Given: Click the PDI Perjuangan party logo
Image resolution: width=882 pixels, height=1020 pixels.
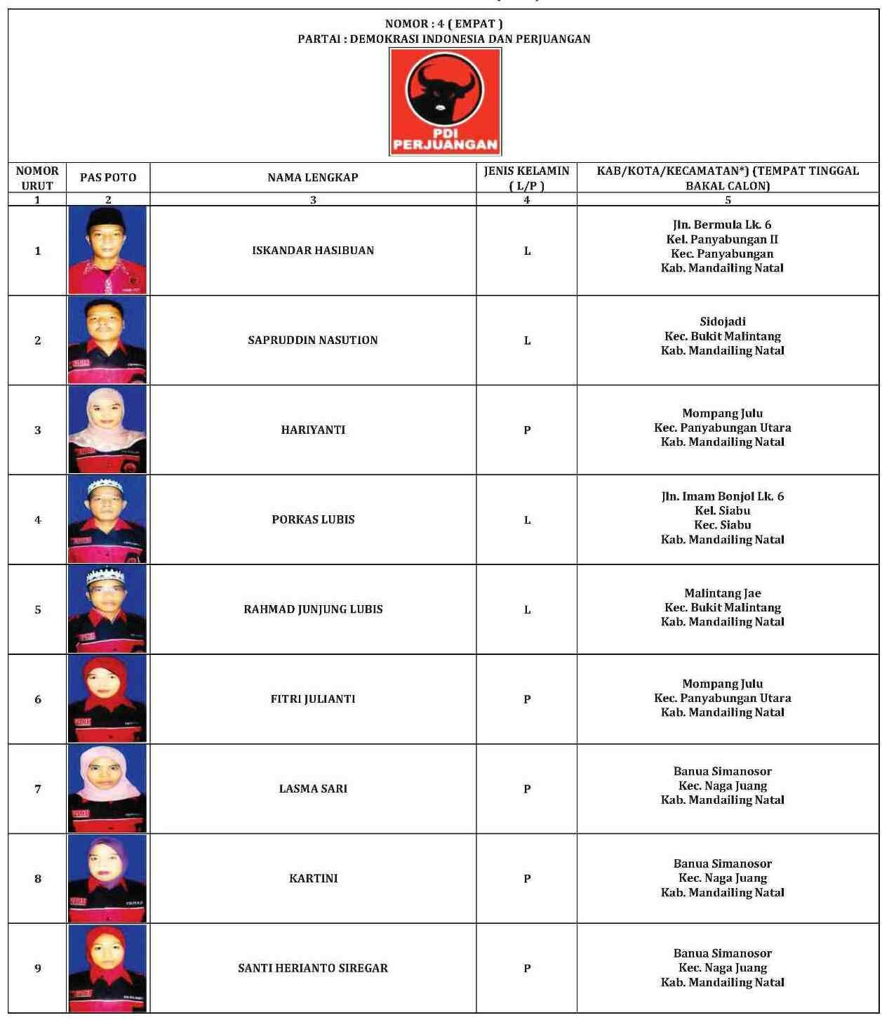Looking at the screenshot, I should (445, 102).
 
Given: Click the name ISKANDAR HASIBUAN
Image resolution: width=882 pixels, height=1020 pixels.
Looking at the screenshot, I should (313, 251).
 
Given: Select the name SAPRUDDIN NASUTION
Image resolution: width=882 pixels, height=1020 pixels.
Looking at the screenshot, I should (313, 340).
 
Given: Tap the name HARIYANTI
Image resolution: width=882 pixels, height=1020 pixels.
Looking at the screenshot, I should (313, 430).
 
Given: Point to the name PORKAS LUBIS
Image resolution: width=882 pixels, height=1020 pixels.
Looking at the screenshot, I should (313, 519).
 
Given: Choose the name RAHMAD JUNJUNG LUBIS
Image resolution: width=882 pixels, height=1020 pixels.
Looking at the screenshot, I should (313, 609).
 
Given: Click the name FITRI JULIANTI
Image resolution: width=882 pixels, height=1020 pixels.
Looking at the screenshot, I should (313, 699).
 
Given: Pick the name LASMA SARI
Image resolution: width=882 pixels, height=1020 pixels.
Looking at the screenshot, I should (313, 788).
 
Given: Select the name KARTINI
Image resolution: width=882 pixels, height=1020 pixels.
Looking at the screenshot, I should (313, 878).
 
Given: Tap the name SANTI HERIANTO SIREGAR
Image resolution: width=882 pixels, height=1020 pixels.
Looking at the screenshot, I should (313, 968).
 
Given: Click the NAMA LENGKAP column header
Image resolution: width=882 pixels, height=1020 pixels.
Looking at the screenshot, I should (313, 178).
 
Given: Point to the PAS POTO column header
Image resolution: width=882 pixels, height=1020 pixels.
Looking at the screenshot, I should (108, 178).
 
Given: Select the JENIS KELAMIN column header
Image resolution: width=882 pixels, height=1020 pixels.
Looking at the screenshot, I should (526, 178).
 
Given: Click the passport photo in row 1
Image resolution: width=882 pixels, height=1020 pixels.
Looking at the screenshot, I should (107, 251).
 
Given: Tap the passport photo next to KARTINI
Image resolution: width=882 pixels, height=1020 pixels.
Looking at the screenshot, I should (107, 878).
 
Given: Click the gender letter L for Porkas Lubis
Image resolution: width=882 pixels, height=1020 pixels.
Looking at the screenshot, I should (527, 520).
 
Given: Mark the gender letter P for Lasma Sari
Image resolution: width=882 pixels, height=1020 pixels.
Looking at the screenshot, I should (527, 789).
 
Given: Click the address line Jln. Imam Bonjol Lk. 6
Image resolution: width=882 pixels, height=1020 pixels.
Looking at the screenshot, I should (723, 496).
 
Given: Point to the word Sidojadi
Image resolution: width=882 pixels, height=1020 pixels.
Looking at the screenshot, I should (723, 322).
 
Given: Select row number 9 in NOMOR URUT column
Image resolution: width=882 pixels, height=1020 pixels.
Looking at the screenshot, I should (38, 968).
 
